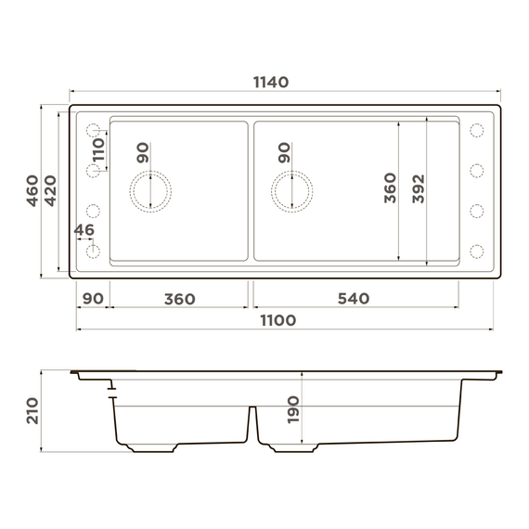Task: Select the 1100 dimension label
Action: [277, 320]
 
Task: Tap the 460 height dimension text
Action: [32, 190]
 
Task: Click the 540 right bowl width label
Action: [354, 298]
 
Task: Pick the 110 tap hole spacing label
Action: [98, 149]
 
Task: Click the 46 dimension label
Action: [84, 230]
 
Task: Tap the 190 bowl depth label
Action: [293, 410]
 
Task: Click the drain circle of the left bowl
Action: [148, 190]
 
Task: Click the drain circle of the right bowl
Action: [291, 190]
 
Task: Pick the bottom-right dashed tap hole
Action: [479, 251]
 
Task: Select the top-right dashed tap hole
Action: [479, 130]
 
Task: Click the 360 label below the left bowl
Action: [179, 298]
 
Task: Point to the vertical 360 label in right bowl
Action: [390, 188]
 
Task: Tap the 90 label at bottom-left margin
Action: [92, 298]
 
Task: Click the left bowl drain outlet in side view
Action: [148, 447]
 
